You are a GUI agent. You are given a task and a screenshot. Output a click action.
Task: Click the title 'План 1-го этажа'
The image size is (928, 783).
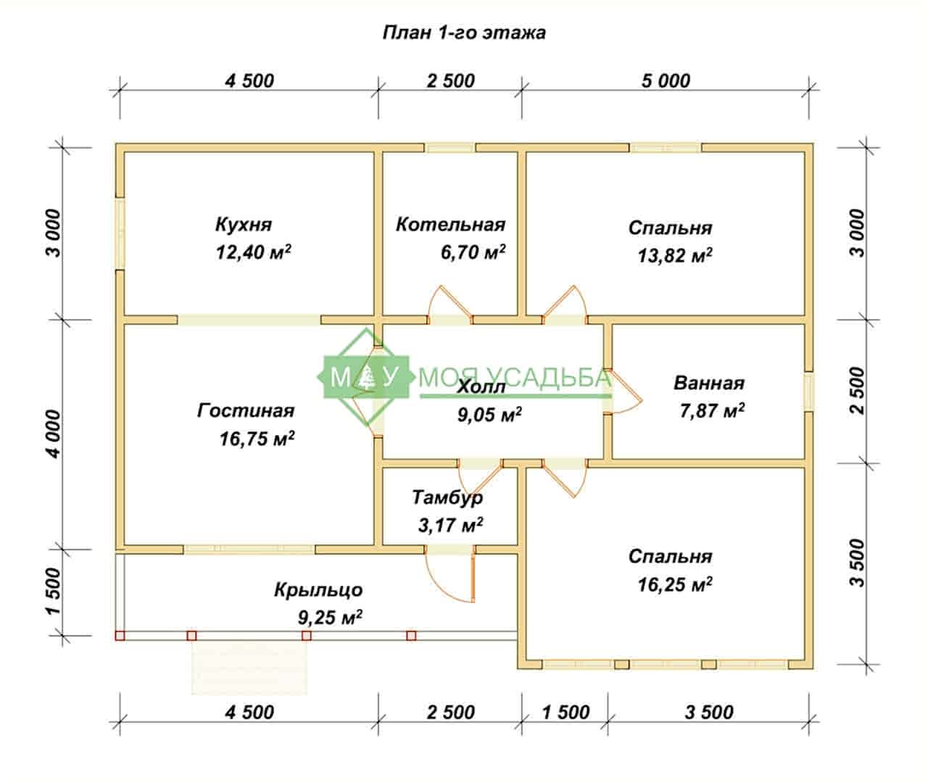tap(464, 33)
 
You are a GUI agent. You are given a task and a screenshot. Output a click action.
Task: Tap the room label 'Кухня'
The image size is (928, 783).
tap(244, 225)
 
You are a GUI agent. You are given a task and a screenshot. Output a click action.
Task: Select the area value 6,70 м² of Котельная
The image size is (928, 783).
tap(473, 252)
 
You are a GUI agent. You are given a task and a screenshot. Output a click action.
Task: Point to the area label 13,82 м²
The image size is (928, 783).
tap(675, 255)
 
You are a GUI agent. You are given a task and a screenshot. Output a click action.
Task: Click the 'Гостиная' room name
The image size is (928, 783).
tap(246, 410)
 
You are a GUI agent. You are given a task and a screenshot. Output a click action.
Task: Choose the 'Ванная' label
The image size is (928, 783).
tap(709, 383)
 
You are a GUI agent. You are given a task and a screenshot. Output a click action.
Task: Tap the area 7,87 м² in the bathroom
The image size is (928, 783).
tap(712, 410)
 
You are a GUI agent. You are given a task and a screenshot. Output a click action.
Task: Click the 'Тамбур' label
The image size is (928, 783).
tap(447, 497)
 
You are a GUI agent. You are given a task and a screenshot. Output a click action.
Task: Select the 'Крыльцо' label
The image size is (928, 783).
tap(318, 590)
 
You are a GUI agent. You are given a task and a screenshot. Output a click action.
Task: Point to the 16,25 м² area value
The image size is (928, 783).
tap(675, 585)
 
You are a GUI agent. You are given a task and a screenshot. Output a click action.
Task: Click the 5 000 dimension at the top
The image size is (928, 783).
tap(666, 81)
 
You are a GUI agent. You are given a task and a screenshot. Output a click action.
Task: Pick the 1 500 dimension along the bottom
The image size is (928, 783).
tap(565, 713)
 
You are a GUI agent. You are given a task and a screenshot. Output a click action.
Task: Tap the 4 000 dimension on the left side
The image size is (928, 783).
tap(54, 434)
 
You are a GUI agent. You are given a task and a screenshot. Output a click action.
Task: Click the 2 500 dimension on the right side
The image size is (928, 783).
tap(858, 391)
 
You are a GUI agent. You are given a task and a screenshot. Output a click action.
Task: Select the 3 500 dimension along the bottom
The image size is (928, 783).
tap(709, 713)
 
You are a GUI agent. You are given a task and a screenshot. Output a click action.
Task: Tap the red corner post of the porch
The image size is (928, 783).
tap(120, 636)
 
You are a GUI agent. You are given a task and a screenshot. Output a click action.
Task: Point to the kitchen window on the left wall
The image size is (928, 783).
tap(120, 233)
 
